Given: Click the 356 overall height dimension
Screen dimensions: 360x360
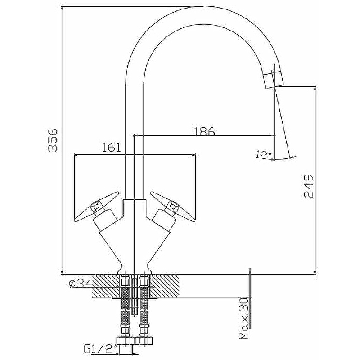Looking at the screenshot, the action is click(53, 140).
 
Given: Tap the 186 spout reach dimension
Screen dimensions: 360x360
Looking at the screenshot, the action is click(204, 131).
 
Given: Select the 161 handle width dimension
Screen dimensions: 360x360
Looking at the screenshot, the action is click(111, 148).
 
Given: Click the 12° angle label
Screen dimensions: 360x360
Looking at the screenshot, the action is click(264, 155).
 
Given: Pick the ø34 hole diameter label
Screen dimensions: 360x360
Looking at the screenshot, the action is click(81, 283).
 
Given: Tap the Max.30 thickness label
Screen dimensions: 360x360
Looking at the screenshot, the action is click(244, 319).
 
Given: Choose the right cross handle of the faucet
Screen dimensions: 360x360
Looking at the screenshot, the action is click(173, 207).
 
